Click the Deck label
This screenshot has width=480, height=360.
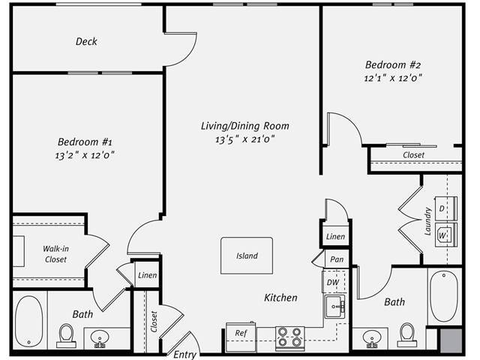pos(86,42)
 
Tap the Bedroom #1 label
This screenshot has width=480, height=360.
pos(85,142)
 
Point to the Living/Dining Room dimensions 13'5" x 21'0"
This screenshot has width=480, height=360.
pos(244,139)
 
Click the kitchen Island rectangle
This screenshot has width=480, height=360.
pos(247,256)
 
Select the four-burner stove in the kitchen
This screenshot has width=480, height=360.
pos(289,337)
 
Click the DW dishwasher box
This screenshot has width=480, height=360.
pos(332,282)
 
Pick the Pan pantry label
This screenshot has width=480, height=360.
pos(336,259)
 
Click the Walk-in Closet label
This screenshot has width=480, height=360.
pos(54,253)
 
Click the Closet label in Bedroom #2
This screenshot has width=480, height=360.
pos(413,155)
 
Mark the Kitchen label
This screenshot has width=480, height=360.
pos(280,298)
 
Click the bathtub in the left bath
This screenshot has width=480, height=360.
pos(29,322)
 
